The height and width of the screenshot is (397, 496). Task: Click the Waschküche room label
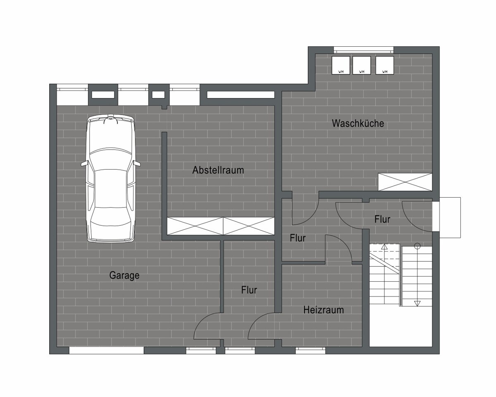(x=358, y=123)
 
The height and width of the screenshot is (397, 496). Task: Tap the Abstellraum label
(x=218, y=170)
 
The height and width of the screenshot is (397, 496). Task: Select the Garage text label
(x=124, y=275)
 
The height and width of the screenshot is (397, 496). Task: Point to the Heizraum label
(x=323, y=310)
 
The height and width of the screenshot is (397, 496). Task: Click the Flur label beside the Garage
(x=249, y=290)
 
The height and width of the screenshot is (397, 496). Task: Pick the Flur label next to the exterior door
(x=382, y=219)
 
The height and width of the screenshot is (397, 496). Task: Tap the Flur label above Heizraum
(x=298, y=238)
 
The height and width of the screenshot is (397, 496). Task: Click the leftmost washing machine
(x=341, y=65)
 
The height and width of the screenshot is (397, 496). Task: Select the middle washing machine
(x=362, y=65)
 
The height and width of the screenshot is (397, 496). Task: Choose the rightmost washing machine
(x=384, y=65)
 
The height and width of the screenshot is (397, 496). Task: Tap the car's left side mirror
(x=84, y=163)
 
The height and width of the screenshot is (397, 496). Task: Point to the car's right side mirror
(x=137, y=163)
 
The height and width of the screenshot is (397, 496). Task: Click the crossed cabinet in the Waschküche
(x=405, y=182)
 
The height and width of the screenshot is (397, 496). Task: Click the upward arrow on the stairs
(x=384, y=247)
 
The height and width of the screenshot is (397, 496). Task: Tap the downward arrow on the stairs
(x=417, y=304)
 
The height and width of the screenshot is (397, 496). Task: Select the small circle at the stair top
(x=417, y=246)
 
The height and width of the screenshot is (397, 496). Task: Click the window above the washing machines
(x=364, y=50)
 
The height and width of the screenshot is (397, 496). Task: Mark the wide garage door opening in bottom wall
(x=107, y=350)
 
